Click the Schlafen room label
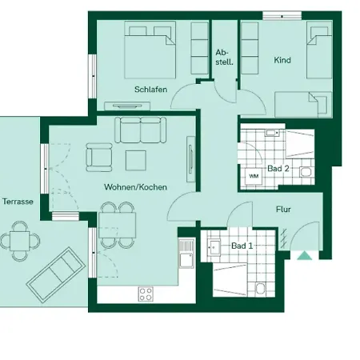coord(150,90)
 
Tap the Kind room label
coord(282,61)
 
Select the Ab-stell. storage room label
coord(224,58)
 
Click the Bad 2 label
coord(278,169)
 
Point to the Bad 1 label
coord(242,246)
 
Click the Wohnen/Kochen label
coord(134,186)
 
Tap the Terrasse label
coord(18,202)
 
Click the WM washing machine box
coord(254,176)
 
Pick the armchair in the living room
coord(100,157)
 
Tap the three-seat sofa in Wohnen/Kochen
coord(139,130)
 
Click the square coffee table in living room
coord(134,160)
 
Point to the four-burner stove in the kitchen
coord(146,293)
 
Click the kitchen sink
coord(186,258)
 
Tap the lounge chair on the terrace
coord(54,271)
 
